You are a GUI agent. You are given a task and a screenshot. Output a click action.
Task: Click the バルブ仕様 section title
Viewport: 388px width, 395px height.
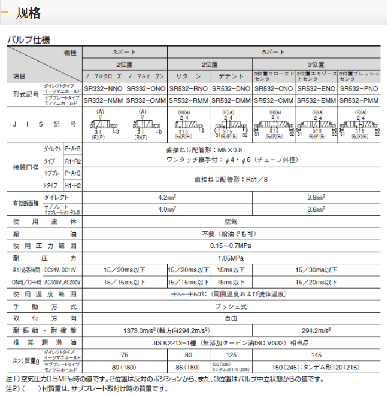28,40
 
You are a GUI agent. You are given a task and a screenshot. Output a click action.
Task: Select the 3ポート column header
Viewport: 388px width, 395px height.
125,53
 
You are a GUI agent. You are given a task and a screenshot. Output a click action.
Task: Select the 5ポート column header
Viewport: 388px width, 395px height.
275,53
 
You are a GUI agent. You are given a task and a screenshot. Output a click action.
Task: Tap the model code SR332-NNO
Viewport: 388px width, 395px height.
104,88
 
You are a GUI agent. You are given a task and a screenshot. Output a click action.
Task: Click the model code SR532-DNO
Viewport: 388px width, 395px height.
231,88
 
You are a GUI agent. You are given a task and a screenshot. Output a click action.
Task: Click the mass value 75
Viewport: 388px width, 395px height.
125,354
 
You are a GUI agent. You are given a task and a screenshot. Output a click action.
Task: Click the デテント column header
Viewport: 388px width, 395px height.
231,76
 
